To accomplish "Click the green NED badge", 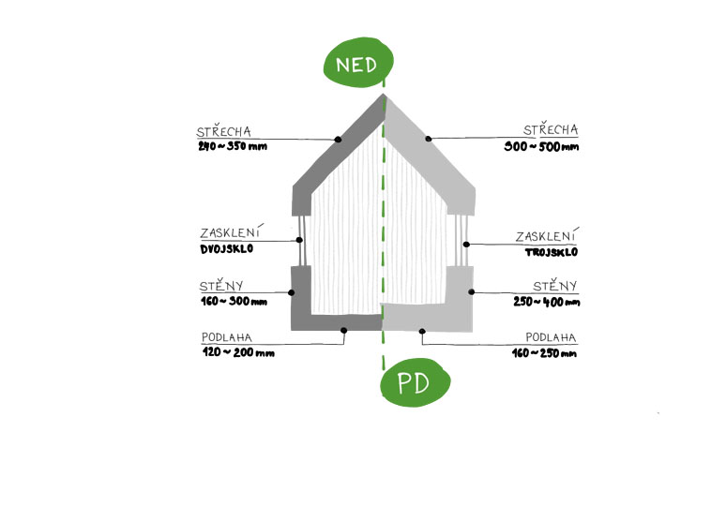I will [358, 64].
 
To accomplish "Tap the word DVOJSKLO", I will [227, 250].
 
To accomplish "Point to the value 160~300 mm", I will [234, 302].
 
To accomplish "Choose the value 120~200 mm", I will [238, 353].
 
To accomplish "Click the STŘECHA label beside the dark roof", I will [223, 131].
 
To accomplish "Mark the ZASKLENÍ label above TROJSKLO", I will [547, 236].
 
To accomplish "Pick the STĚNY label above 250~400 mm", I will [554, 286].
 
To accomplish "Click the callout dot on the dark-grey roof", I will [339, 140].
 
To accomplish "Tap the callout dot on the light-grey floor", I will [423, 330].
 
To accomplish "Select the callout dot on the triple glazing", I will [466, 244].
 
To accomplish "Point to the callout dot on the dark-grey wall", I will [292, 292].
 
